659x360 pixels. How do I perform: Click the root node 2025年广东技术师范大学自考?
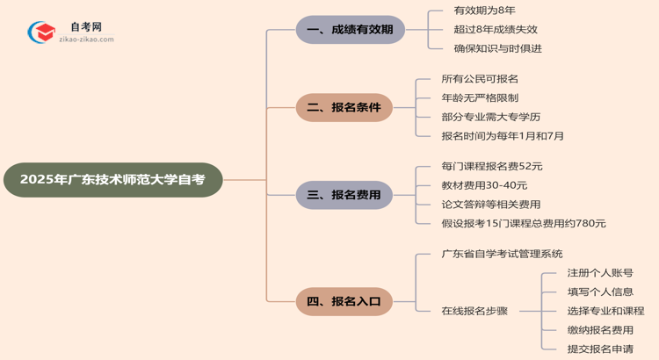[x=112, y=180]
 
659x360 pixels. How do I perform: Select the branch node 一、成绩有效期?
[x=350, y=30]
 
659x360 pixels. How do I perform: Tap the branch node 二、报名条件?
[x=344, y=108]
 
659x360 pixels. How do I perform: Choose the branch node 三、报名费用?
[x=344, y=195]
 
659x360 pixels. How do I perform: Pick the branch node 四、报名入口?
[x=344, y=301]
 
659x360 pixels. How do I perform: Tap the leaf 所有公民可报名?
[x=480, y=79]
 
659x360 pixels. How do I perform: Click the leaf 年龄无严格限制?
[x=480, y=97]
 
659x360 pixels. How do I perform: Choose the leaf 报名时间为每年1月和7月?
[x=503, y=136]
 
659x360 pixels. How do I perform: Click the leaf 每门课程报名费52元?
[x=492, y=166]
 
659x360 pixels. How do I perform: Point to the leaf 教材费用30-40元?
[x=484, y=185]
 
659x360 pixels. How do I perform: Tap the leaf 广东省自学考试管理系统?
[x=502, y=254]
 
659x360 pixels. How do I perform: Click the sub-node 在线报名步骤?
[x=480, y=311]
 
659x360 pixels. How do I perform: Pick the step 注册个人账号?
[x=600, y=273]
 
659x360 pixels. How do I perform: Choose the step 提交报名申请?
[x=600, y=349]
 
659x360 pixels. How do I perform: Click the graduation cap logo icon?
[x=41, y=33]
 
